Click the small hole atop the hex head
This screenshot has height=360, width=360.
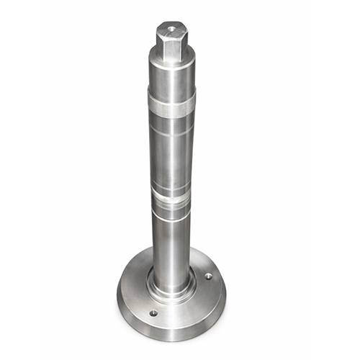171,30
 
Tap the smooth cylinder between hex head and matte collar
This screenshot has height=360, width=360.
171,76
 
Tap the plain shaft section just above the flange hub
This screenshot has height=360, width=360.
171,245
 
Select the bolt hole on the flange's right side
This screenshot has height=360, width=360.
208,276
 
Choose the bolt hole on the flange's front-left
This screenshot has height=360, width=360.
153,313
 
